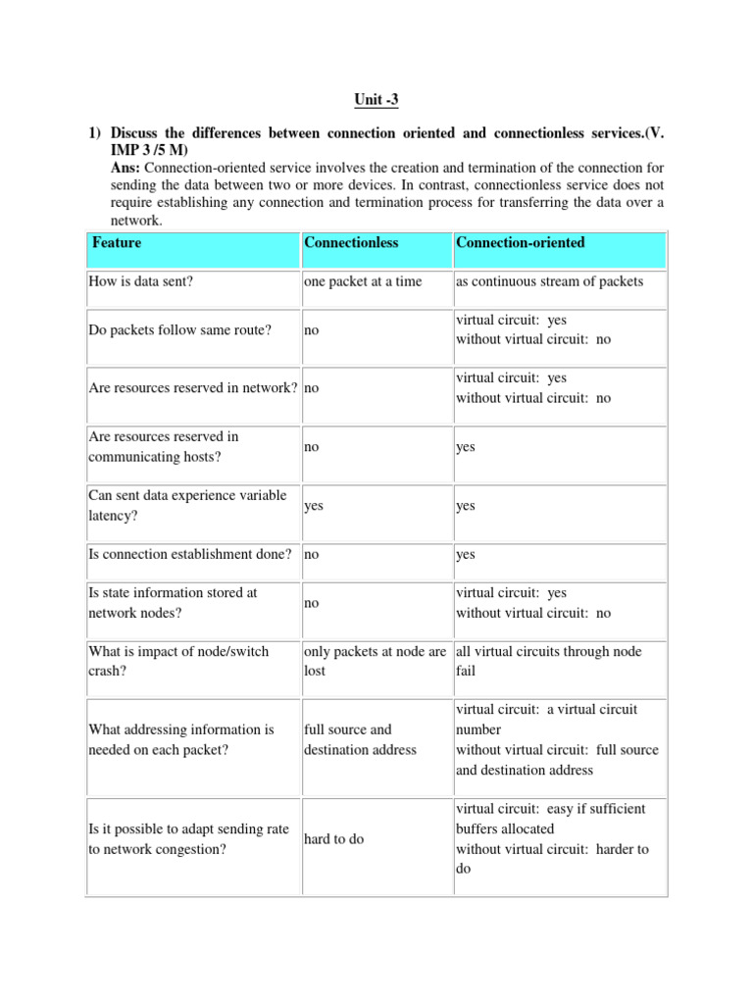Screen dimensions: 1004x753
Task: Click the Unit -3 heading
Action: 376,99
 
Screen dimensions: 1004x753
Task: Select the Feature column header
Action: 116,242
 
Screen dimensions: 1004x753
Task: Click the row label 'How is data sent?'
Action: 143,281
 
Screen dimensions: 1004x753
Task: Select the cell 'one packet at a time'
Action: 363,281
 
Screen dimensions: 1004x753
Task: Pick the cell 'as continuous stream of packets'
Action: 549,281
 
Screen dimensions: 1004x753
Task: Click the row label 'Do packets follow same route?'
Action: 179,330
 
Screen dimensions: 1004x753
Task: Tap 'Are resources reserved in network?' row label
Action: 193,387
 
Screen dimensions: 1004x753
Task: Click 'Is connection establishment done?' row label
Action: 190,554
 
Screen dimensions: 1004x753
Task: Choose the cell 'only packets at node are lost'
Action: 376,662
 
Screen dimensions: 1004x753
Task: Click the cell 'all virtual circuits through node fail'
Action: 547,662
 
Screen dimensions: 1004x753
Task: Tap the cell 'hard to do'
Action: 333,839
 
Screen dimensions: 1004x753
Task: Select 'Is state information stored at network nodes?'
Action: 173,603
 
